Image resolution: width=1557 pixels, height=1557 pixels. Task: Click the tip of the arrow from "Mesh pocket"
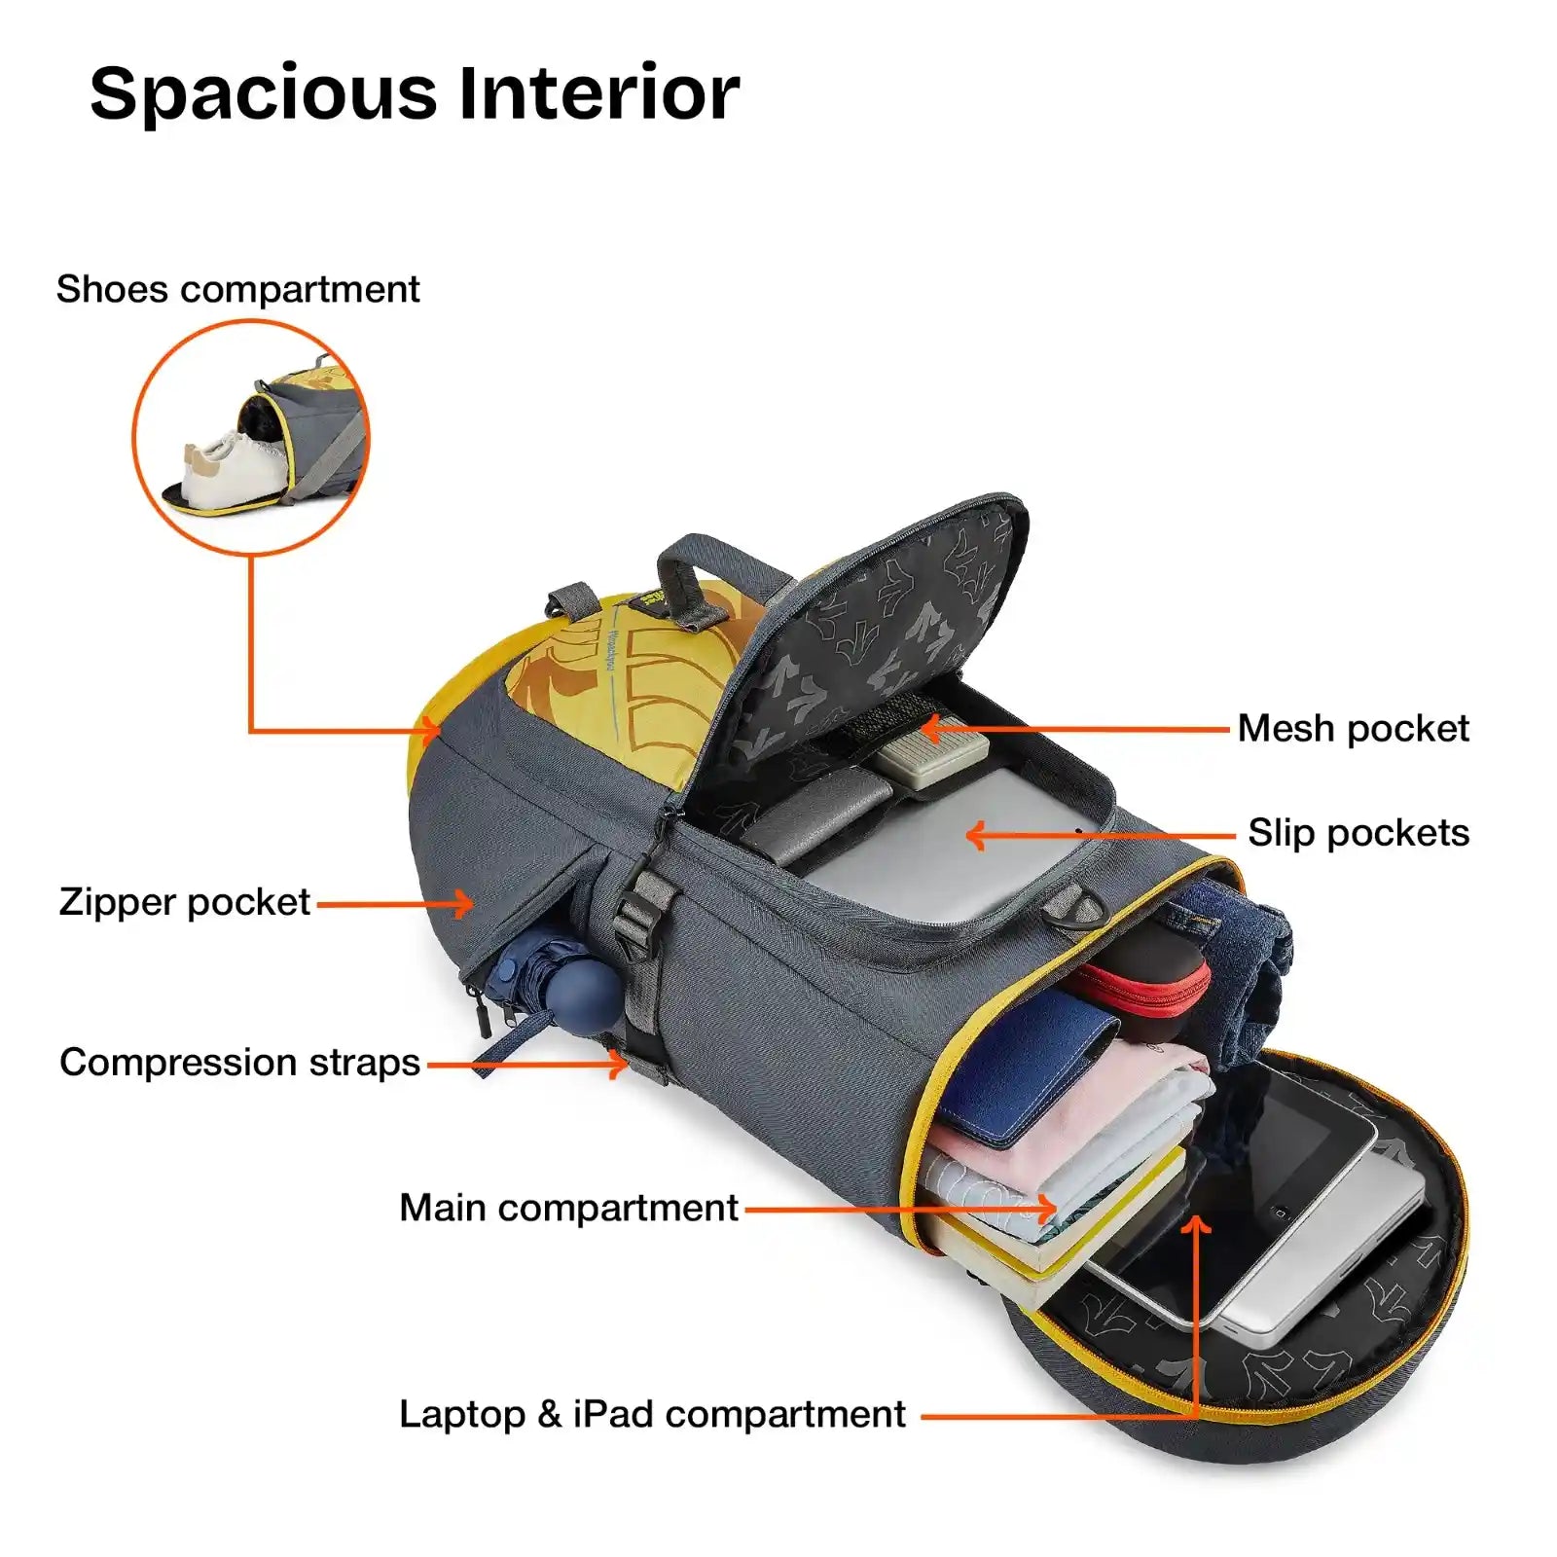coord(921,728)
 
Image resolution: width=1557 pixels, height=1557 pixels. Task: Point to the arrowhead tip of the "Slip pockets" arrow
coord(966,835)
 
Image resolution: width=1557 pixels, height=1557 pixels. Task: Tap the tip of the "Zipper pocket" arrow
coord(474,904)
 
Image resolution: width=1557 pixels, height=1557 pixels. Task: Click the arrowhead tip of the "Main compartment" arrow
coord(1057,1210)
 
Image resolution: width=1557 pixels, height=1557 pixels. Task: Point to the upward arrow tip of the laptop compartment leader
coord(1196,1215)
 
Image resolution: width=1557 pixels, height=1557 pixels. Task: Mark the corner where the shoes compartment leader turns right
coord(251,731)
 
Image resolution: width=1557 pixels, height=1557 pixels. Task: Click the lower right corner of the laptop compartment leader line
coord(1196,1416)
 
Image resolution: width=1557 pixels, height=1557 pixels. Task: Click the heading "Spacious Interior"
coord(415,93)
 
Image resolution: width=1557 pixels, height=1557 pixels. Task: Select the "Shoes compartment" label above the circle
coord(237,289)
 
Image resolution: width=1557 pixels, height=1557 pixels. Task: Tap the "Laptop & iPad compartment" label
coord(652,1414)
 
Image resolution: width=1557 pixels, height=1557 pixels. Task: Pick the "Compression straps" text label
coord(239,1062)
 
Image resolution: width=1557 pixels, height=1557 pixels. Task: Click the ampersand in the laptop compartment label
coord(549,1414)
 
